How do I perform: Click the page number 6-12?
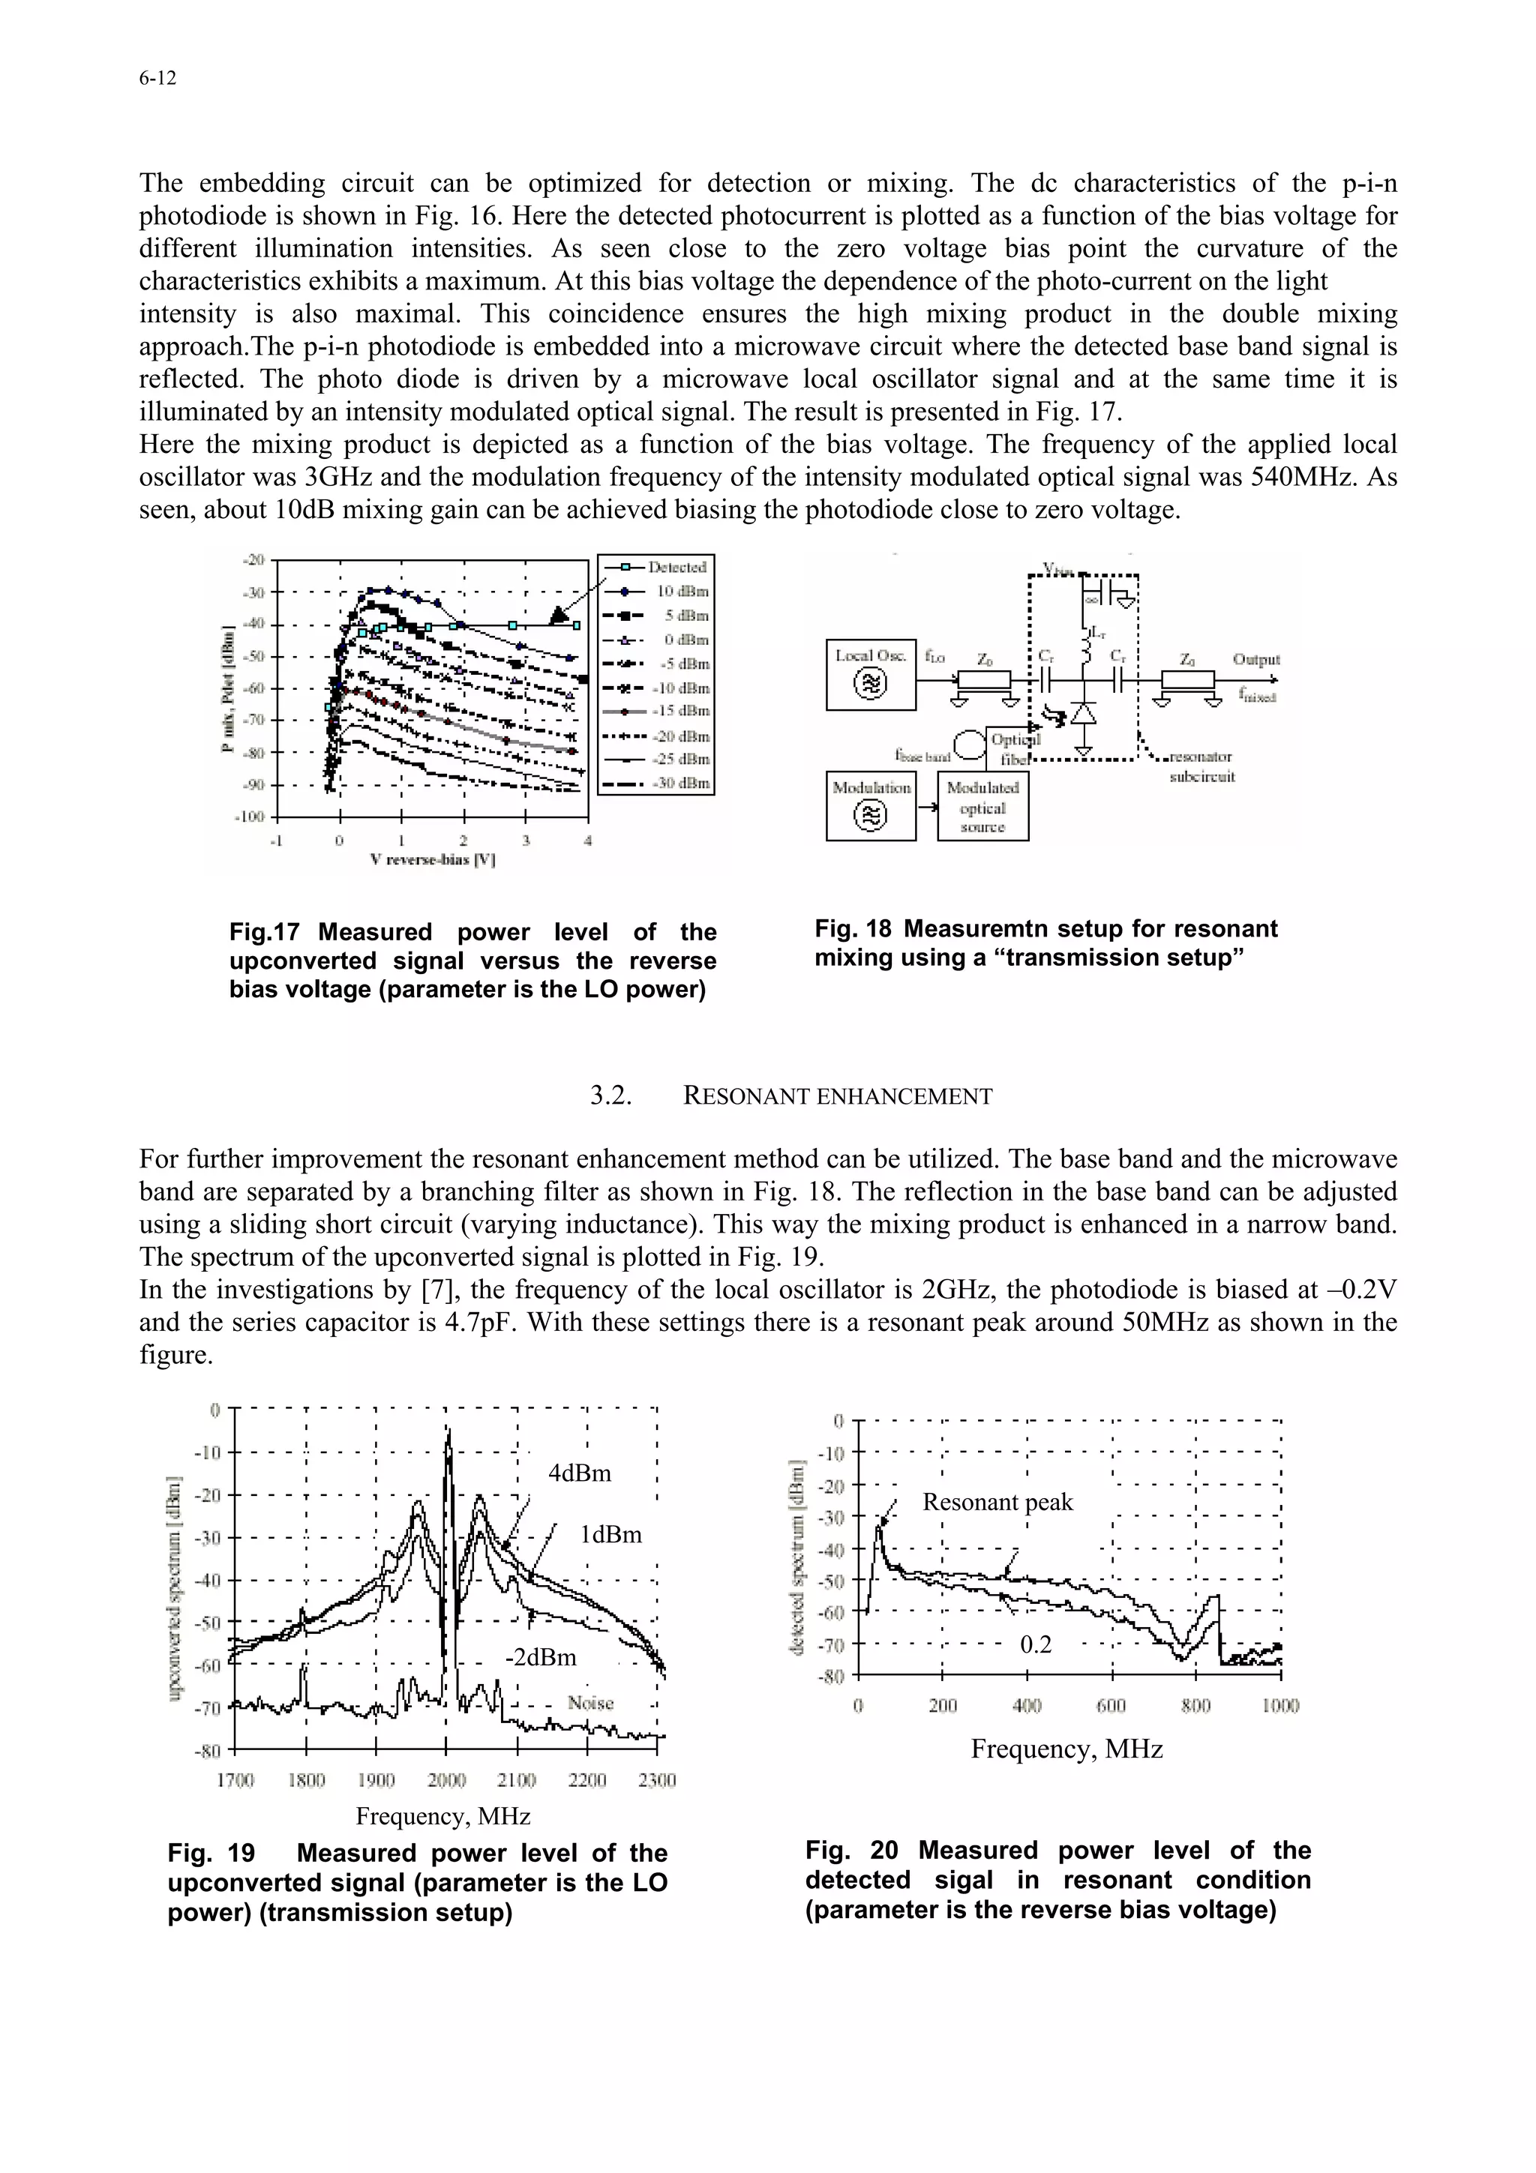tap(157, 79)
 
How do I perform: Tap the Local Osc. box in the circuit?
tap(871, 674)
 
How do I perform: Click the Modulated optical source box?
tap(982, 808)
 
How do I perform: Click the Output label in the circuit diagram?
tap(1255, 660)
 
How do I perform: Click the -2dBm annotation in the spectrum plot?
tap(541, 1657)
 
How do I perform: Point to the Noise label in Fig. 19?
tap(590, 1704)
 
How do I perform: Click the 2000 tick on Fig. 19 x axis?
tap(447, 1780)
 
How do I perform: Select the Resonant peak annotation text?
tap(997, 1502)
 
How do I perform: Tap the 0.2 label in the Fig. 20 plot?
tap(1035, 1645)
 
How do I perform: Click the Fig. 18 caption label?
tap(853, 928)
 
